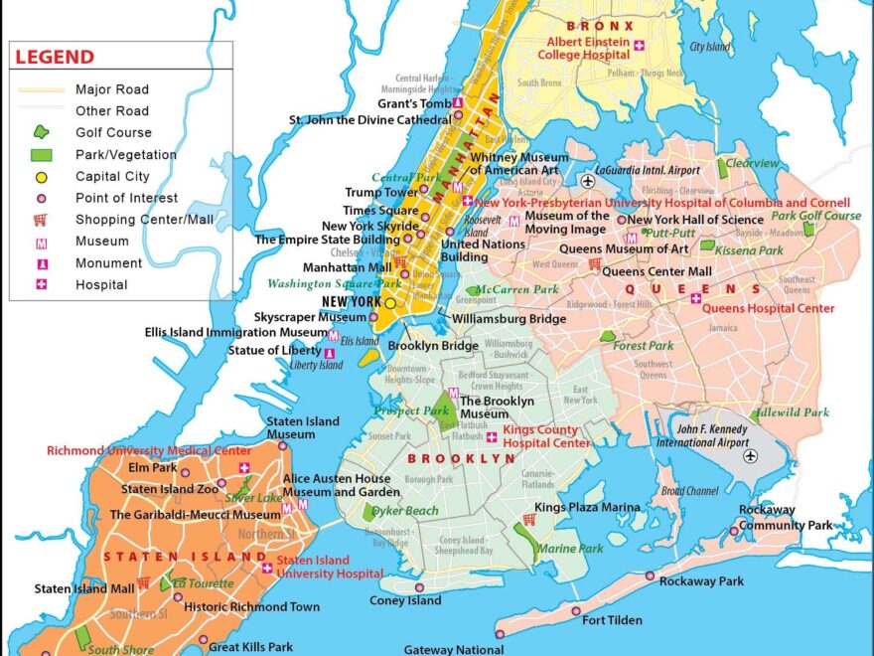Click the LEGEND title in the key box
click(x=55, y=58)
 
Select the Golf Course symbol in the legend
click(x=41, y=132)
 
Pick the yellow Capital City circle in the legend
click(x=41, y=177)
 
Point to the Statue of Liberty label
click(x=274, y=350)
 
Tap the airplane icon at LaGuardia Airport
click(x=588, y=182)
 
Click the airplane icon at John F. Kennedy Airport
click(x=750, y=455)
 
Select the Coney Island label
click(x=405, y=600)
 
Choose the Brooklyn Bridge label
click(x=433, y=346)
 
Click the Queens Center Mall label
click(x=656, y=270)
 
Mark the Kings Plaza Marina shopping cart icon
click(x=529, y=519)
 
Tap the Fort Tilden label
click(x=612, y=620)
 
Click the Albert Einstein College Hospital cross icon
click(x=640, y=46)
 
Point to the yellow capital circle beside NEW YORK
click(x=390, y=302)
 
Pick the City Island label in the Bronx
click(x=710, y=47)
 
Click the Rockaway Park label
click(x=701, y=581)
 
